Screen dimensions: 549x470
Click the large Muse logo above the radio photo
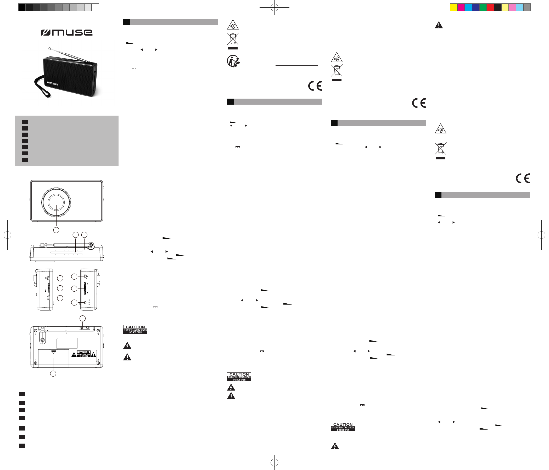pos(66,33)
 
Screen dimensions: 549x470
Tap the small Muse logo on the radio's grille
pos(52,84)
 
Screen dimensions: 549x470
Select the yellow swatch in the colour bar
pos(454,7)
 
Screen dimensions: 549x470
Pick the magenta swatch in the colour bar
pos(461,7)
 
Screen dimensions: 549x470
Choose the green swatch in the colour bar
pos(483,7)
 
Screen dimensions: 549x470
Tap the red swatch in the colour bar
pos(490,7)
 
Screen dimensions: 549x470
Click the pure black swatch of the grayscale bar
pos(22,7)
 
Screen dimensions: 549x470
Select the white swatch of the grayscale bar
pos(95,7)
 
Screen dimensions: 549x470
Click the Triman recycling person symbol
pos(233,61)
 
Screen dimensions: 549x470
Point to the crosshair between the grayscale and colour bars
pos(274,7)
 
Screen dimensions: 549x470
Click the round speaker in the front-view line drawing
pos(56,201)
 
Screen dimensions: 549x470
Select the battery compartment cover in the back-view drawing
pos(54,358)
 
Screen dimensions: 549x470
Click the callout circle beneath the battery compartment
pos(53,373)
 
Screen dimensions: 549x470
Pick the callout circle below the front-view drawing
pos(56,230)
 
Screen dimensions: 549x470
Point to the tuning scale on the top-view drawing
pos(66,253)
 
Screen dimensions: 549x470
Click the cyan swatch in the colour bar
pos(468,7)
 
